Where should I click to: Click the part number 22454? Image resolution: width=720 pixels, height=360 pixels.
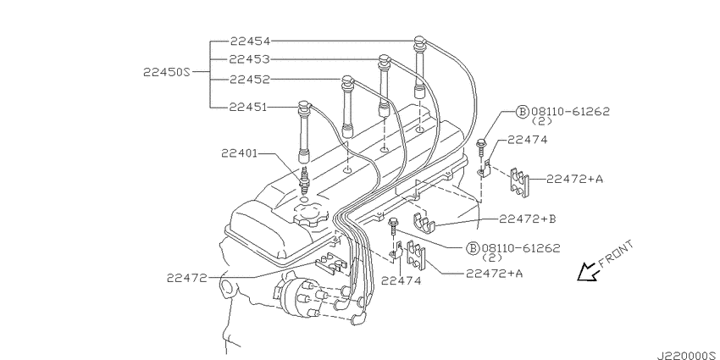tap(250, 42)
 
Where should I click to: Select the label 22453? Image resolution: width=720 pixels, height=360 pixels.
tap(250, 59)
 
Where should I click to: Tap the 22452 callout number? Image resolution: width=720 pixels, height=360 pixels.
tap(250, 80)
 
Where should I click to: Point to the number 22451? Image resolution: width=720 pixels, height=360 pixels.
tap(248, 107)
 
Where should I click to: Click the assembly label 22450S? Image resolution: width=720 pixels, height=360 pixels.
tap(166, 72)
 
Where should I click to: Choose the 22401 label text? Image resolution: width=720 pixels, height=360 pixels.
tap(239, 153)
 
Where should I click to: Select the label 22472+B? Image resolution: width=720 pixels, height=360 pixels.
tap(528, 219)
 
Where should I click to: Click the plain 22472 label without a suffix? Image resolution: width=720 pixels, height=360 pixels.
tap(187, 278)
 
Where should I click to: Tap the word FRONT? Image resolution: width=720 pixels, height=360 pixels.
tap(616, 254)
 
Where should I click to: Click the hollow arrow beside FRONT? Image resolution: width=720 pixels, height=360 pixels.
tap(588, 272)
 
